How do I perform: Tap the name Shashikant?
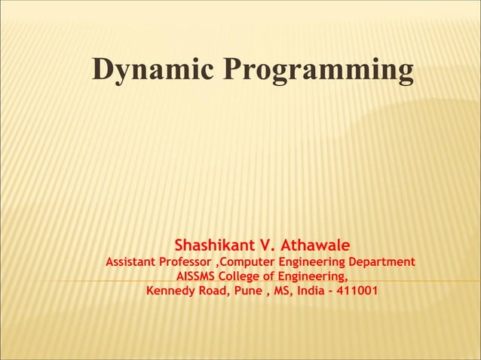tap(215, 246)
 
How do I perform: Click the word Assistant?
tap(130, 262)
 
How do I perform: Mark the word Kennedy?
tap(171, 291)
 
